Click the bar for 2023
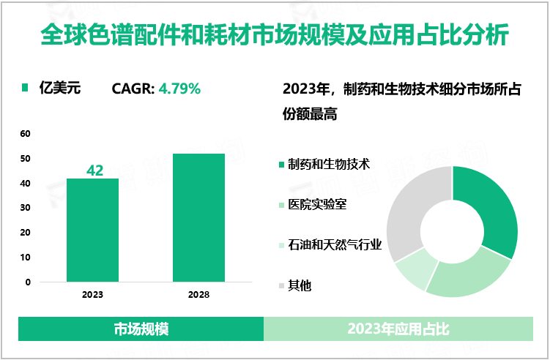click(92, 230)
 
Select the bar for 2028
click(198, 217)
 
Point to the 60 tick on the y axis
click(26, 134)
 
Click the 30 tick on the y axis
click(26, 208)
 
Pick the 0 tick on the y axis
click(28, 282)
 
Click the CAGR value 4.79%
click(179, 89)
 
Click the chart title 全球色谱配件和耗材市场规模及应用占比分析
click(275, 34)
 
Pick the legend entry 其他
click(300, 285)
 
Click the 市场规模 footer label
click(141, 329)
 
